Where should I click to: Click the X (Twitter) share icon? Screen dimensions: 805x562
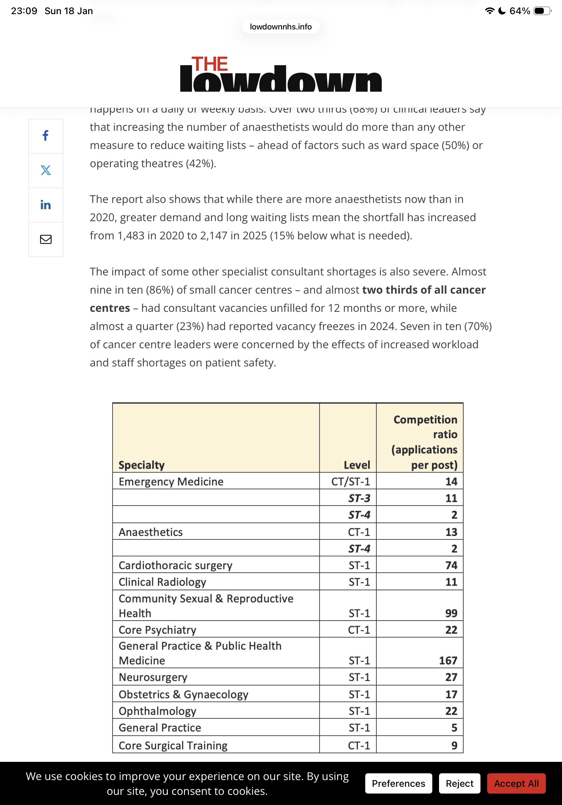coord(45,170)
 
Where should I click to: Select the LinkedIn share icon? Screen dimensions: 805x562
coord(45,205)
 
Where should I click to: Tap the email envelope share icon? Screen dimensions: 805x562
coord(45,239)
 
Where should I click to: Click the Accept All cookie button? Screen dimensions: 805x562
coord(516,783)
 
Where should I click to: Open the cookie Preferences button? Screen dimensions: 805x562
coord(398,783)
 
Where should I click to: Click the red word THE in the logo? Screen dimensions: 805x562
coord(210,64)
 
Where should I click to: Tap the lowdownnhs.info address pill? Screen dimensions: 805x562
coord(281,27)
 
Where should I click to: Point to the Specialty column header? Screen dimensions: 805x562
coord(142,465)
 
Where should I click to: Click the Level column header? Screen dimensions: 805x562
coord(357,465)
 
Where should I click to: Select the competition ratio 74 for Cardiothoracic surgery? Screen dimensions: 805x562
coord(451,565)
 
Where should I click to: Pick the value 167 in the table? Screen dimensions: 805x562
coord(448,660)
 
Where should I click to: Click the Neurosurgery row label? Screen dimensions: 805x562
coord(153,677)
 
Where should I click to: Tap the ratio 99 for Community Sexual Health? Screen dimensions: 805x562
coord(451,613)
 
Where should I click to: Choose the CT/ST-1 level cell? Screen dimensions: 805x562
coord(350,481)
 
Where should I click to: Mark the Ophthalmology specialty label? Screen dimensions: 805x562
coord(157,711)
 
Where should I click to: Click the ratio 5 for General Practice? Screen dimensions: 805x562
coord(454,727)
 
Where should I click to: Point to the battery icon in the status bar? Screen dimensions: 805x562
coord(542,11)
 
